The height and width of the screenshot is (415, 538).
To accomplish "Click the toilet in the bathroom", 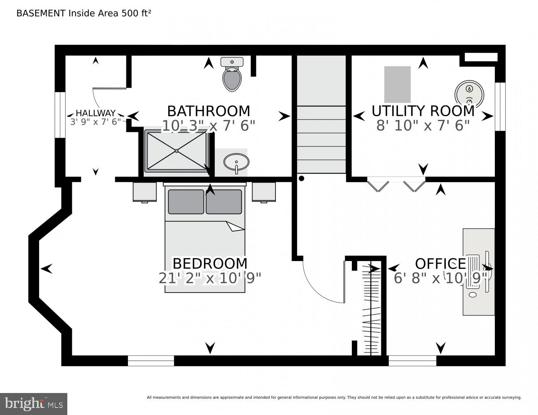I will coord(232,76).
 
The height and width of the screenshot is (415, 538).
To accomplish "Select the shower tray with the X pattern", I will coord(177,151).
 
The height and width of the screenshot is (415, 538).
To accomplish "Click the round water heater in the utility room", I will coord(469,93).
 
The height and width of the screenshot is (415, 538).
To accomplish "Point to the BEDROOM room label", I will coord(210,264).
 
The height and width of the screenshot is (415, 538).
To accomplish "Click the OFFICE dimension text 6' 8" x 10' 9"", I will coord(440,278).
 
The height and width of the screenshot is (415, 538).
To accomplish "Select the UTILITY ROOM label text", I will coord(423,111).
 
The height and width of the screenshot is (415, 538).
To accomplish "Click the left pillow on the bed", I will coord(186,202).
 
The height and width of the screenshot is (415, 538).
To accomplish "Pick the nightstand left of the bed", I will coord(145,192).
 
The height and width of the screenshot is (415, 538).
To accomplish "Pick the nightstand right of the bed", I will coord(264,192).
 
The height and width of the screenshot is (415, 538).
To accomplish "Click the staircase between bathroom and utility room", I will coord(321,124).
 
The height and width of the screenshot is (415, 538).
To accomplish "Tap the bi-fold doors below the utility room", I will coord(396,184).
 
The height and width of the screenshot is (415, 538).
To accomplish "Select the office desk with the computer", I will coord(479,272).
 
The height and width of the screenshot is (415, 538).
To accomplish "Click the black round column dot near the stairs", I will coord(302,178).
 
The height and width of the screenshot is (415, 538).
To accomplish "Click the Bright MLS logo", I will coord(33,403).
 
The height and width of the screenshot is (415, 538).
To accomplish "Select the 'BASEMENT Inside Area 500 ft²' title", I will coord(84,13).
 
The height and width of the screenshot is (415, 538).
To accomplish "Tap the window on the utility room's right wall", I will coord(500,106).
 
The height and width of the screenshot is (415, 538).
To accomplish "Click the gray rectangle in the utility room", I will coord(397,84).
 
